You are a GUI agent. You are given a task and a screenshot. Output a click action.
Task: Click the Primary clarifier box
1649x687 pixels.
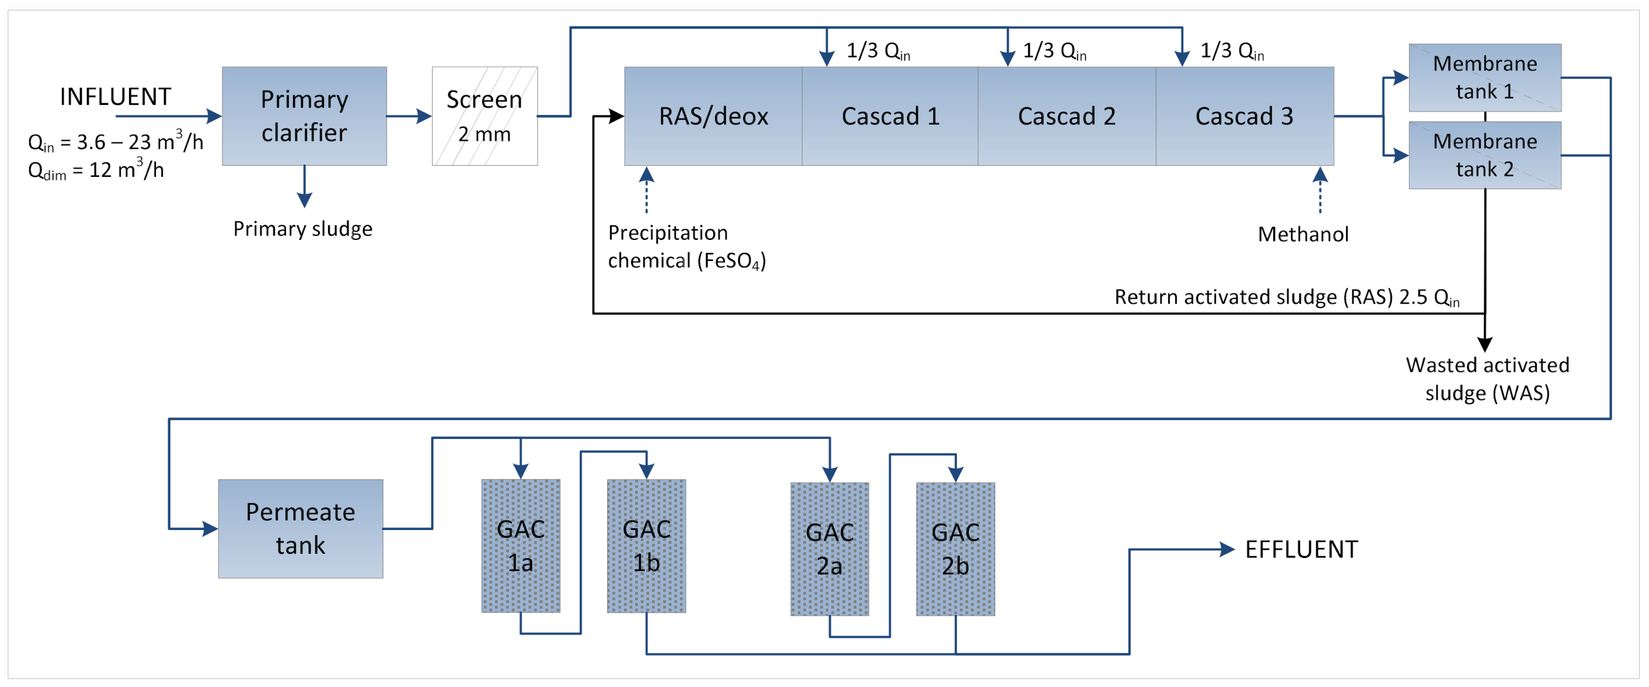point(304,116)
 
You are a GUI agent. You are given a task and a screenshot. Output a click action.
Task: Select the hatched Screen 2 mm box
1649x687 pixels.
point(484,116)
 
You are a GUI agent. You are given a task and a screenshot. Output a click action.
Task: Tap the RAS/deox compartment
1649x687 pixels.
point(713,116)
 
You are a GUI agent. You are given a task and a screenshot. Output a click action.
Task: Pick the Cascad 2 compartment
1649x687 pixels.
point(1066,116)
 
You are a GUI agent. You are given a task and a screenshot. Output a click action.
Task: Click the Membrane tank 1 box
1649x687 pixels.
point(1484,78)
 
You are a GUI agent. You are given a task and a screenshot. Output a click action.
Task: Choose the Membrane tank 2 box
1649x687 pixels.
point(1484,155)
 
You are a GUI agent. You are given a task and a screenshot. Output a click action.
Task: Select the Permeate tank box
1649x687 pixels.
point(300,528)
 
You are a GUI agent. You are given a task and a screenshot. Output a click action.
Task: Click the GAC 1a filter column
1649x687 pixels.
point(521,546)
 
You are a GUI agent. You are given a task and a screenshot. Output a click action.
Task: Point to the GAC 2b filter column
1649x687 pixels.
point(955,549)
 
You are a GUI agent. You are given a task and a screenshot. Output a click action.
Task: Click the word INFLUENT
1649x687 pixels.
point(115,97)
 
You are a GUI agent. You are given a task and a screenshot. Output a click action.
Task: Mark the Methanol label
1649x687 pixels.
point(1303,234)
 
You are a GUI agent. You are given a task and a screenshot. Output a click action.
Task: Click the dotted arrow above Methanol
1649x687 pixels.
point(1320,190)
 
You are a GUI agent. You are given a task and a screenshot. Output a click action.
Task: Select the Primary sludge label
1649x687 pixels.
point(302,229)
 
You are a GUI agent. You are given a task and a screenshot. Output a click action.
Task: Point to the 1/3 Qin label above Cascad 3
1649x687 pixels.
point(1232,51)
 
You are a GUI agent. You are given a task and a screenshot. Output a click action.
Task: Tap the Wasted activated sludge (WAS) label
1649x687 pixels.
point(1487,378)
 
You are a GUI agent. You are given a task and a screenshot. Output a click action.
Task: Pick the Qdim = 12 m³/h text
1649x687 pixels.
point(96,170)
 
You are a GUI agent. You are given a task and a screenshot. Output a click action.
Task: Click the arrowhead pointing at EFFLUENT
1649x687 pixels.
point(1226,549)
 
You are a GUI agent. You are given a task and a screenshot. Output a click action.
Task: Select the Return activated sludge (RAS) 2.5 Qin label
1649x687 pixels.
point(1287,297)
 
